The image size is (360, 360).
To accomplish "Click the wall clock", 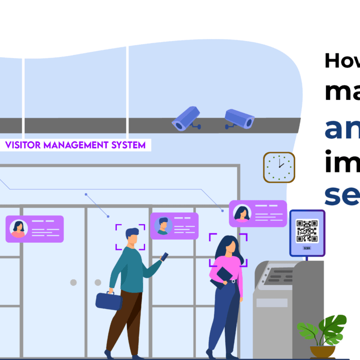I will tap(279, 167).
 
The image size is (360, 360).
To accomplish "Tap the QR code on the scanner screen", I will tap(307, 231).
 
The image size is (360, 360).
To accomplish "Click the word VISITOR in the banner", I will tap(23, 145).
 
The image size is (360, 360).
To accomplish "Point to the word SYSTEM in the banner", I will tap(128, 145).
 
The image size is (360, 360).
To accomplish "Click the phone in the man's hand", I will tap(165, 256).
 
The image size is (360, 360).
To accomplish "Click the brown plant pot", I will tap(322, 351).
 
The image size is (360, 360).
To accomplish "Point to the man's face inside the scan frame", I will tap(132, 238).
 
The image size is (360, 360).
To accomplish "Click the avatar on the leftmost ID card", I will tap(19, 229).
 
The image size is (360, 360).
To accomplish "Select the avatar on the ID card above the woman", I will tap(242, 213).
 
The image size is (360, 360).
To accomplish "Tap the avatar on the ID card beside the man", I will tap(163, 226).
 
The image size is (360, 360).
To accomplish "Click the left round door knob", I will tap(74, 282).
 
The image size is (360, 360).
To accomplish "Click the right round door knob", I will tap(98, 282).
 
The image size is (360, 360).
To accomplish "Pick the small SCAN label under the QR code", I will tap(307, 247).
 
